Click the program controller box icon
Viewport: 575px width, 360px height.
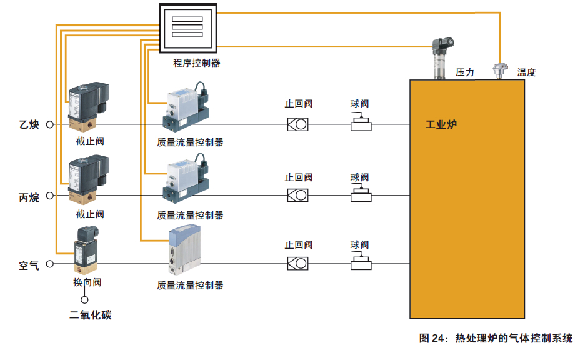(187, 28)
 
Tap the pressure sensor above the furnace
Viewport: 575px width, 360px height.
(442, 59)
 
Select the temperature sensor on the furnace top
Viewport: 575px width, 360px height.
(500, 70)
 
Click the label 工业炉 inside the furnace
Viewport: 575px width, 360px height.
(441, 124)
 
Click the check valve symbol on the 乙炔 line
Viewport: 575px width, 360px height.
(298, 124)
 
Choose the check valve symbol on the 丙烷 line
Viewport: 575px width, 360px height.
(298, 196)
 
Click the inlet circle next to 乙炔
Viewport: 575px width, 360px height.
(50, 124)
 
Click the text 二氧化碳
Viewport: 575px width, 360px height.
(91, 315)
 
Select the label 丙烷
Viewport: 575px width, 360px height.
(29, 197)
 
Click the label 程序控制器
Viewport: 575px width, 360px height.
(197, 63)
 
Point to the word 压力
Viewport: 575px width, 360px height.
(464, 72)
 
